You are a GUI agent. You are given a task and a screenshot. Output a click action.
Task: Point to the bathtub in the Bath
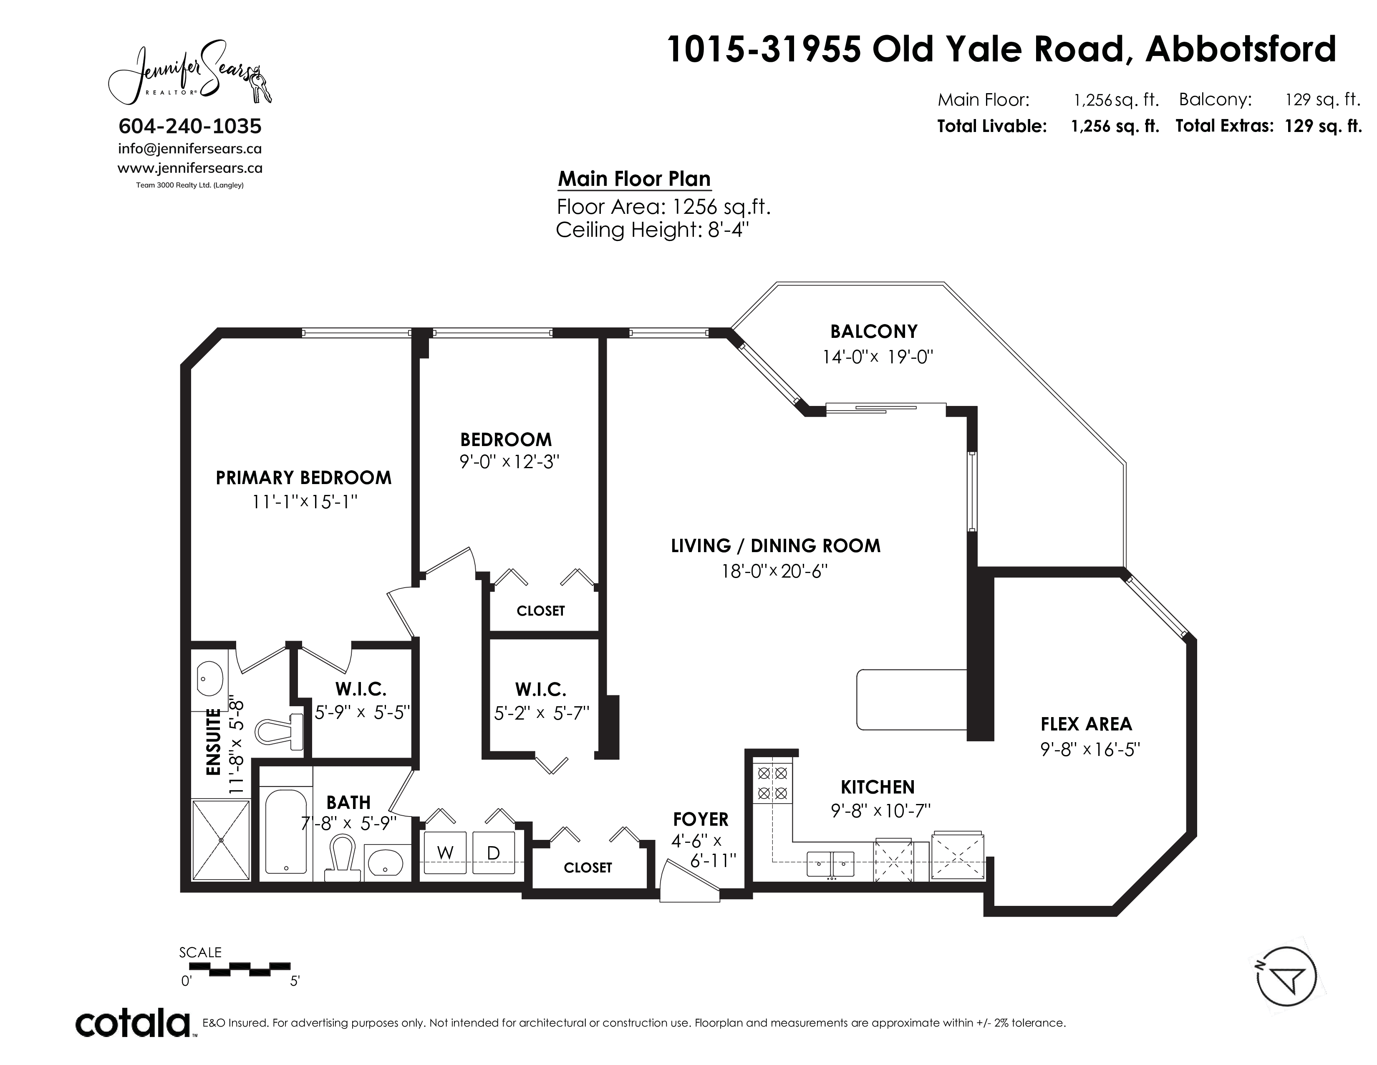tap(286, 831)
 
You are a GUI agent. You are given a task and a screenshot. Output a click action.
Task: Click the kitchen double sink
tap(830, 864)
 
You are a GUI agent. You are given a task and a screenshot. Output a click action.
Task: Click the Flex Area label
tap(1086, 724)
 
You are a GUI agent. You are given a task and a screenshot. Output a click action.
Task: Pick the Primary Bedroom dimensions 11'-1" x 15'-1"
tap(305, 502)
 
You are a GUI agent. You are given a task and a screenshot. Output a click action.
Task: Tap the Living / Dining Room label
tap(776, 546)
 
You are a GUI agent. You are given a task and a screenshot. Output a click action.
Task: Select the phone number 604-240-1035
tap(190, 126)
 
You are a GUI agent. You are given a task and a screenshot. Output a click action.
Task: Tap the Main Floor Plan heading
tap(634, 179)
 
